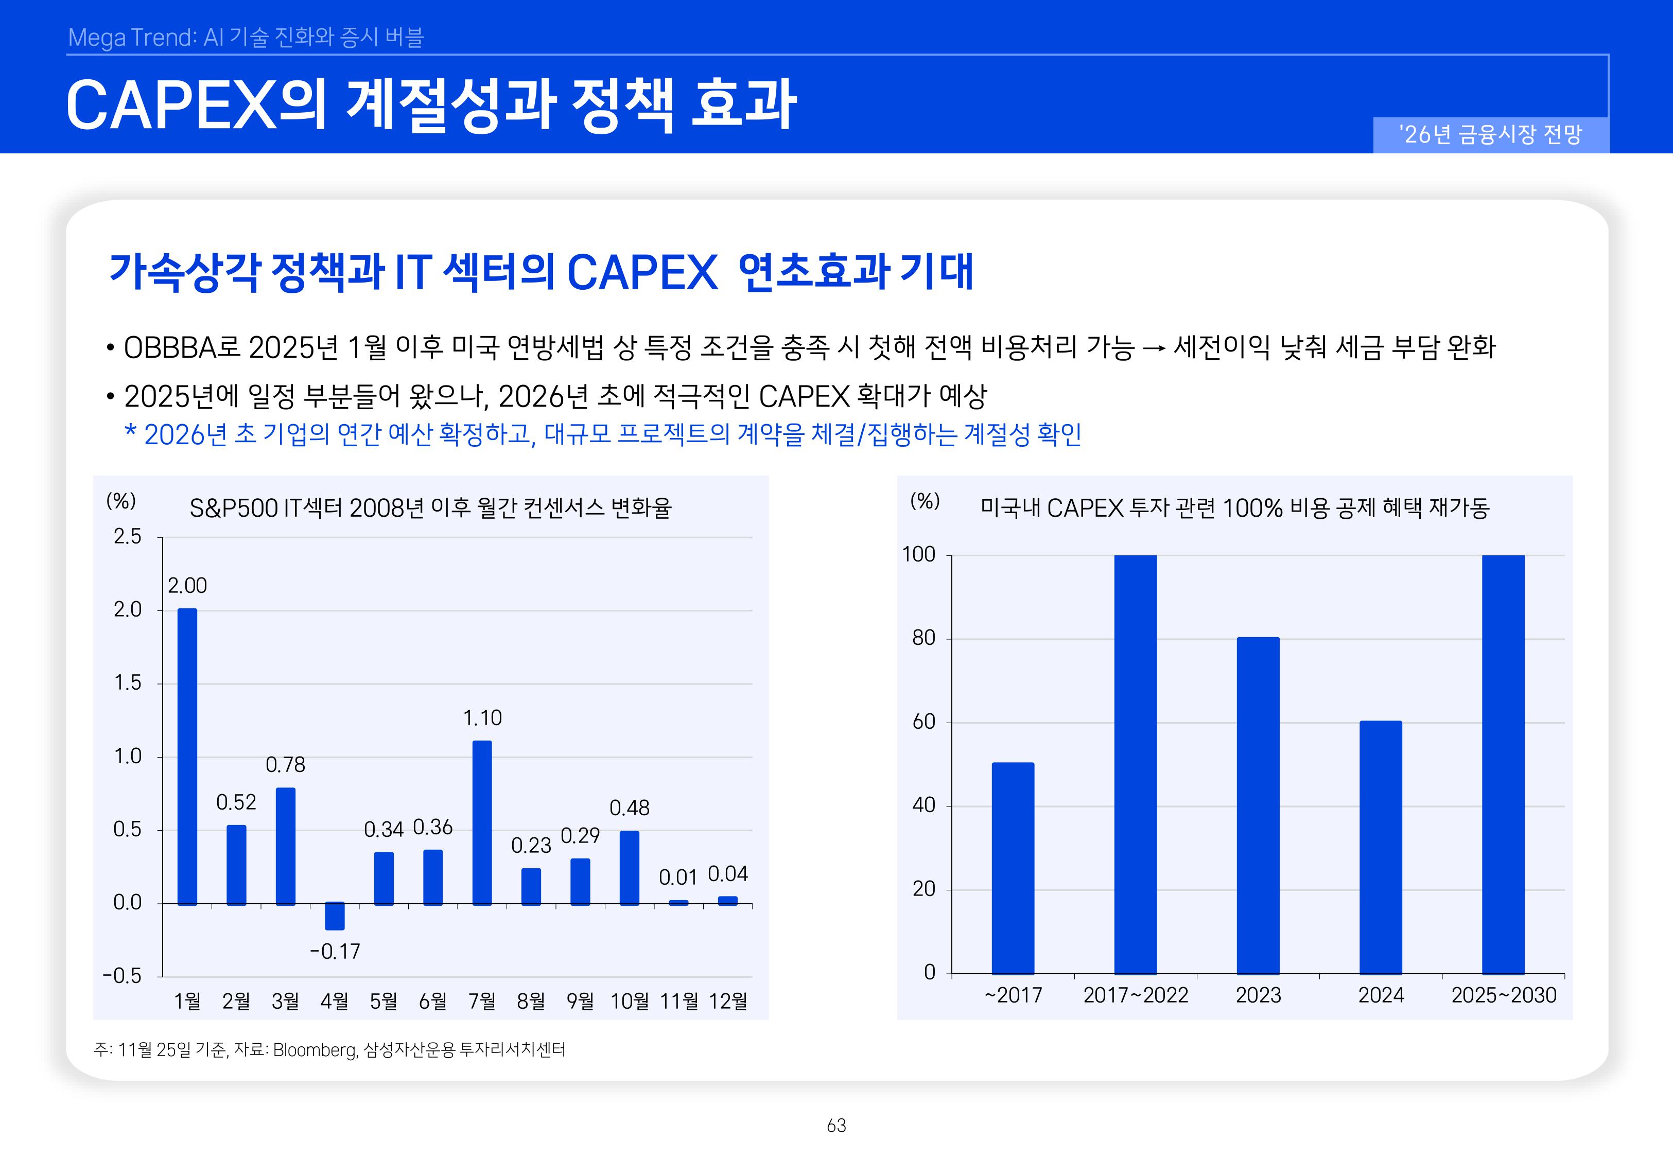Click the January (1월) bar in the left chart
(x=187, y=756)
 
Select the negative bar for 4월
(x=335, y=917)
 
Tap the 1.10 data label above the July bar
(x=482, y=718)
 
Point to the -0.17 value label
(x=335, y=951)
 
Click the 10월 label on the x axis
(x=629, y=1001)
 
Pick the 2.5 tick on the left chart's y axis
(x=128, y=537)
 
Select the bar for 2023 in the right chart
(x=1258, y=805)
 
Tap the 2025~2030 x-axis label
(x=1503, y=995)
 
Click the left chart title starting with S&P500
(x=430, y=508)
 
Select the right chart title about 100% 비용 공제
(x=1234, y=508)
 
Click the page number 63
(x=836, y=1126)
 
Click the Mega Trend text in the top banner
(x=131, y=37)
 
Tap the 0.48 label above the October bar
(x=629, y=808)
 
